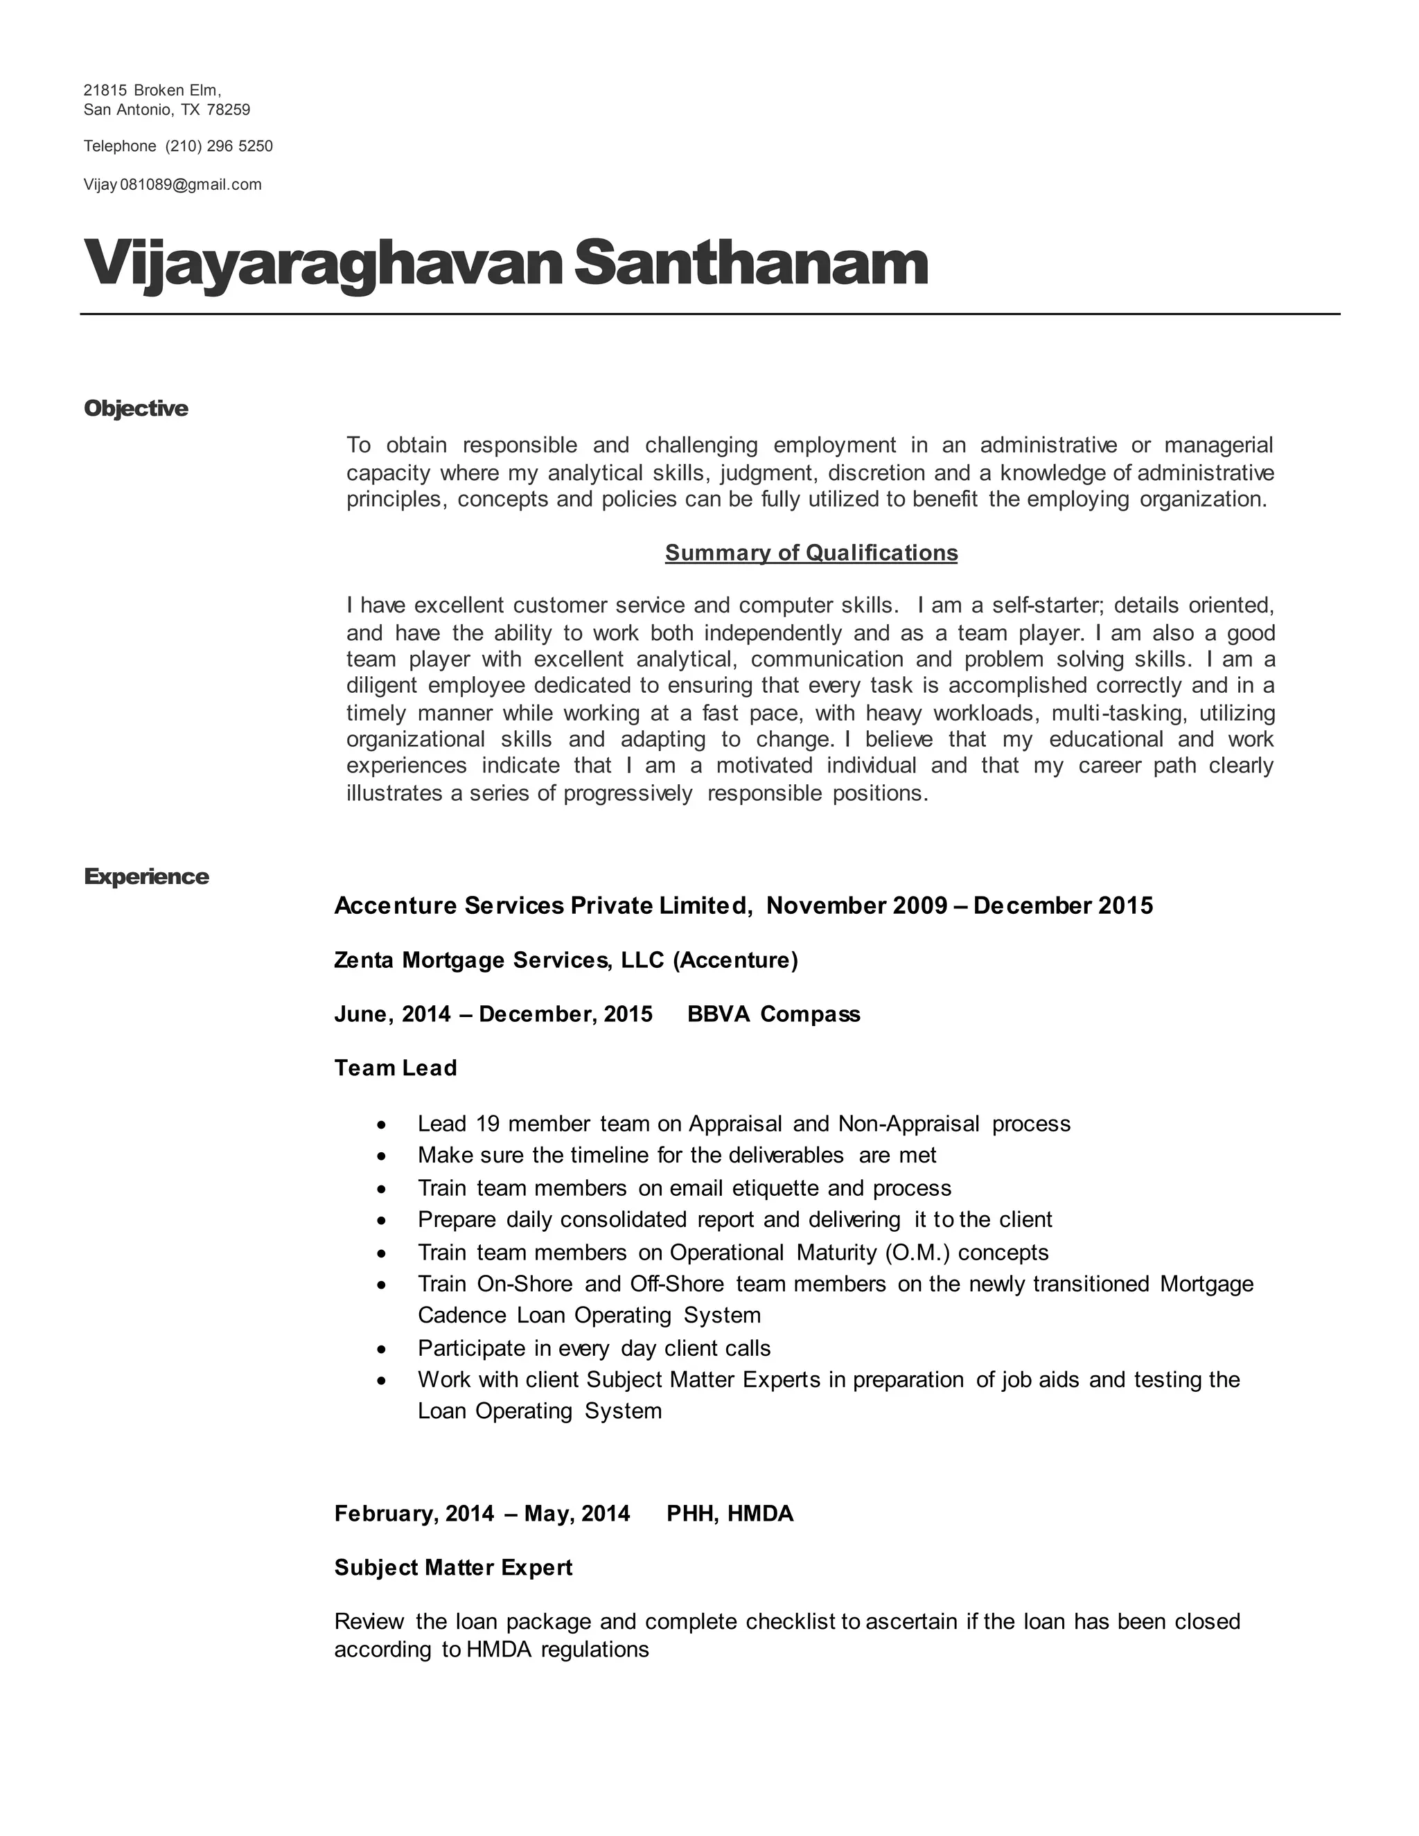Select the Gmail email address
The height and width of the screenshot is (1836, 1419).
click(173, 185)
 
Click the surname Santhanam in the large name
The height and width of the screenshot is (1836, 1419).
click(750, 264)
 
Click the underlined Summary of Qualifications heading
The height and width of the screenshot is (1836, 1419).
click(811, 553)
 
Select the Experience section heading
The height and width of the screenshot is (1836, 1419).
click(146, 877)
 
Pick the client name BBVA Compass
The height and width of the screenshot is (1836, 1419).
click(773, 1015)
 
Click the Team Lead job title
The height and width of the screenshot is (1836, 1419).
click(395, 1068)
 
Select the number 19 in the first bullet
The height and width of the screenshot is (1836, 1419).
click(488, 1124)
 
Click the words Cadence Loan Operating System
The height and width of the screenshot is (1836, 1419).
click(588, 1316)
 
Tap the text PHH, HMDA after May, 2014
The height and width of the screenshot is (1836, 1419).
click(729, 1514)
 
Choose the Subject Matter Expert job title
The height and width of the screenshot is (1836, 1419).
click(452, 1568)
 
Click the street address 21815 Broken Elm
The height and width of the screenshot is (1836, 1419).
click(151, 91)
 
